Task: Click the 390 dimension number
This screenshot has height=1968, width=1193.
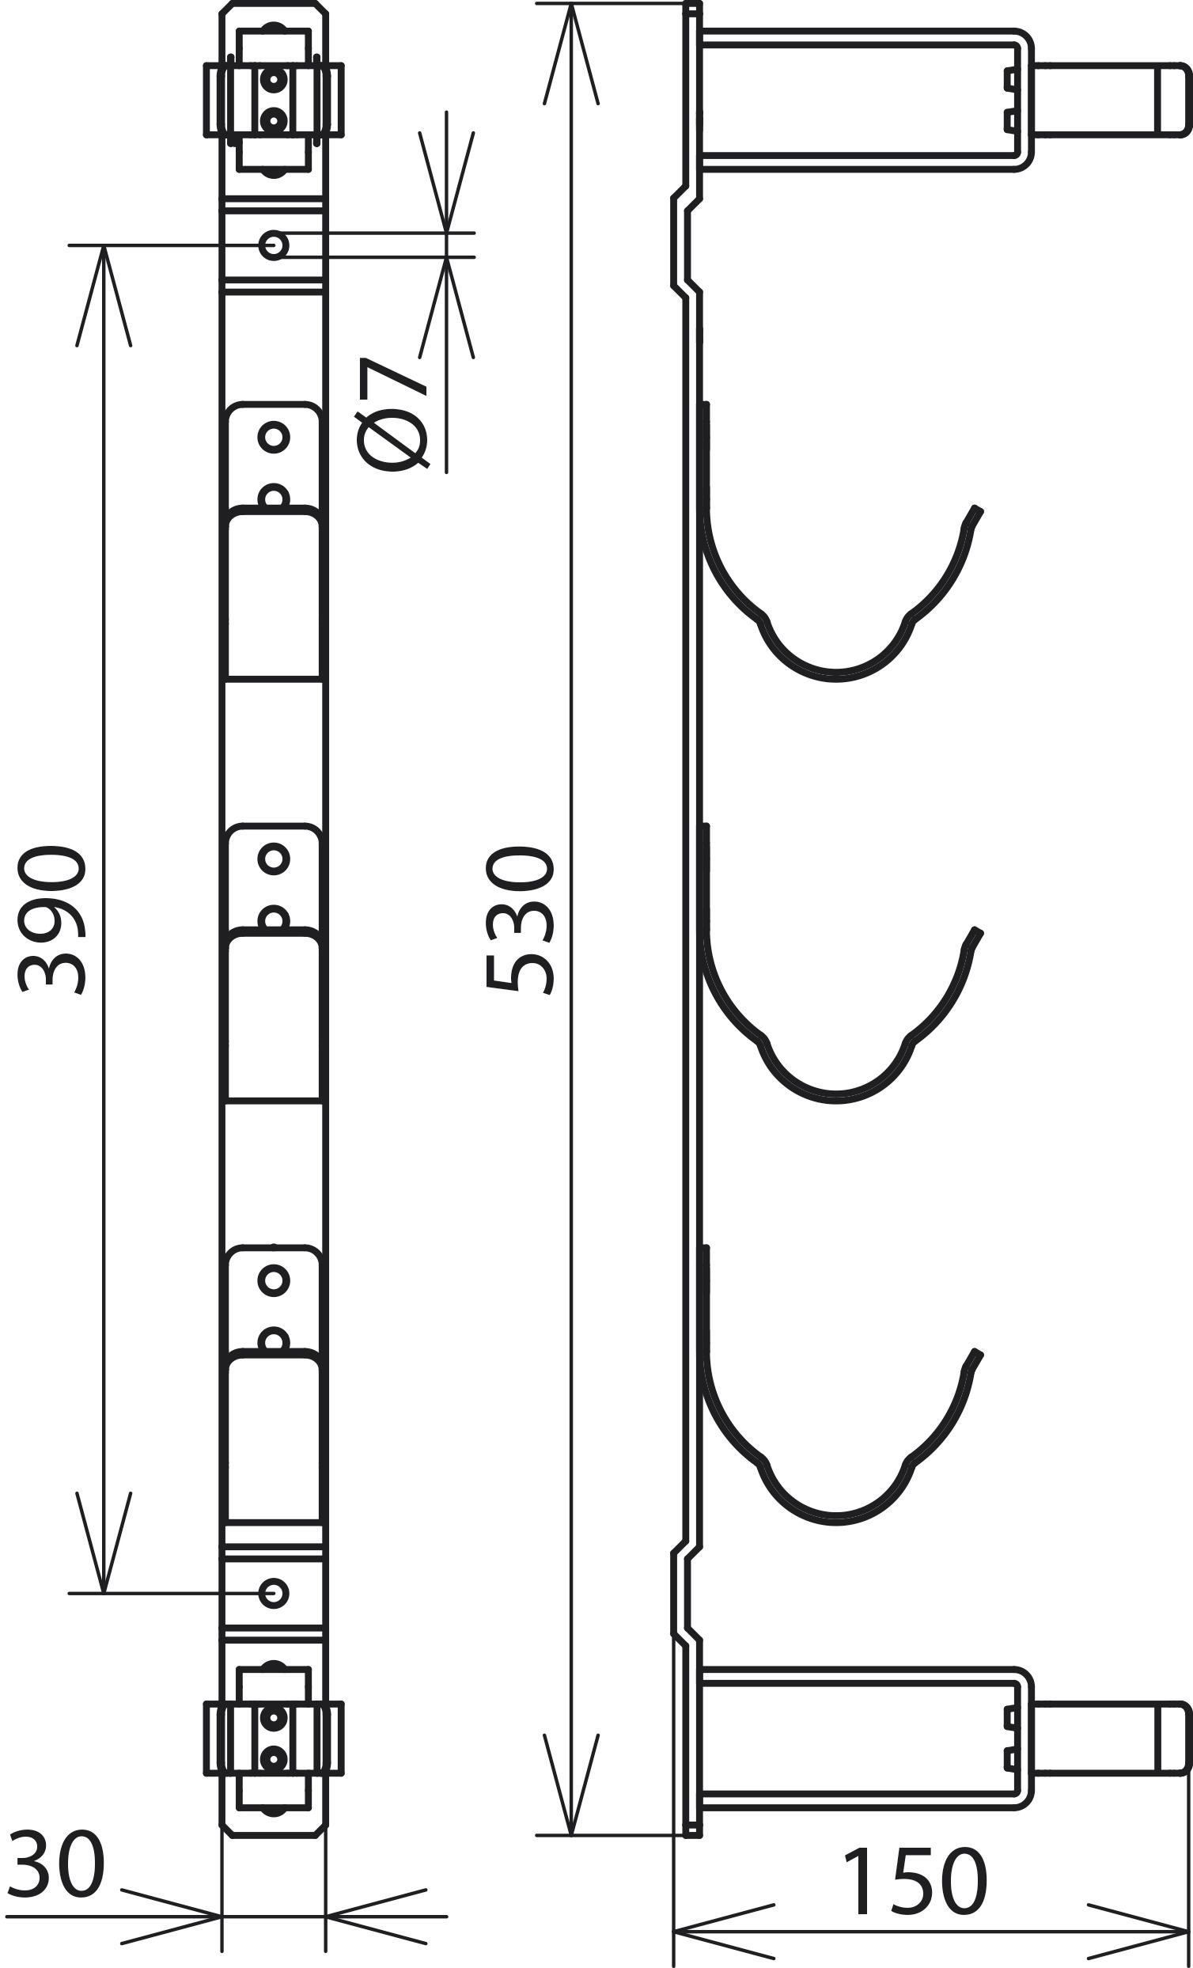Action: pyautogui.click(x=52, y=920)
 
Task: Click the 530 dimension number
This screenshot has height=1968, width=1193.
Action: pyautogui.click(x=519, y=920)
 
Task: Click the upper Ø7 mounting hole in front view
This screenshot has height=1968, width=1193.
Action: pyautogui.click(x=274, y=245)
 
